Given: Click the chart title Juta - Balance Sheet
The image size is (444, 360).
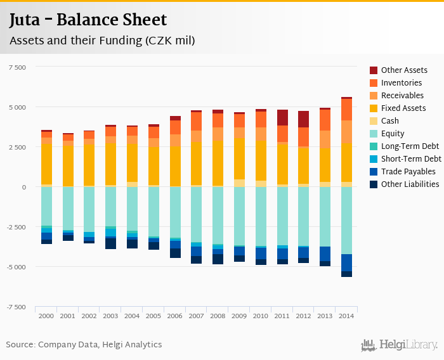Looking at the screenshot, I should point(88,20).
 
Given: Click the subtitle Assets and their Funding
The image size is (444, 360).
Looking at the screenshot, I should point(101,41).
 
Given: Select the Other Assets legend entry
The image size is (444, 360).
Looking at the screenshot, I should point(403,70).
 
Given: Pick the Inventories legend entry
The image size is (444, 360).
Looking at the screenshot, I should point(401,83).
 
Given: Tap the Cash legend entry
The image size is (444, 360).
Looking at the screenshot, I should point(390,121).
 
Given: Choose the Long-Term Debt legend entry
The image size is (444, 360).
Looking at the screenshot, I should point(410,146).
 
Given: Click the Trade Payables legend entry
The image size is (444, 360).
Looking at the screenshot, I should point(408,172).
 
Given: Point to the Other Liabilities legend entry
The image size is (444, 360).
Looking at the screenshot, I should point(410,184).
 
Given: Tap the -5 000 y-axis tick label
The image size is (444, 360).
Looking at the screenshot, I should point(15,267).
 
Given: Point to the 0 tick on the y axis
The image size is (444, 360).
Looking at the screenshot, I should point(23,187).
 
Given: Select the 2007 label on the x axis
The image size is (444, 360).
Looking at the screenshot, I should point(196,316).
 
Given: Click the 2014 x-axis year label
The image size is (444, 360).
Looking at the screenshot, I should point(346,316).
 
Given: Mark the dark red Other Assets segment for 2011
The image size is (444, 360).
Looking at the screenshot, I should point(282,118).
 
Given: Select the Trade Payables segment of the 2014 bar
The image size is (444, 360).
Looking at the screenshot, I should point(346,262).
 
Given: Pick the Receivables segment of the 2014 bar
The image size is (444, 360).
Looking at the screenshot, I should point(346,132).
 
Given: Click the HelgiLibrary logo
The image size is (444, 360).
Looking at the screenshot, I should point(400,345).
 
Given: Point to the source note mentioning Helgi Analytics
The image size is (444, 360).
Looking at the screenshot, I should point(84,345).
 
